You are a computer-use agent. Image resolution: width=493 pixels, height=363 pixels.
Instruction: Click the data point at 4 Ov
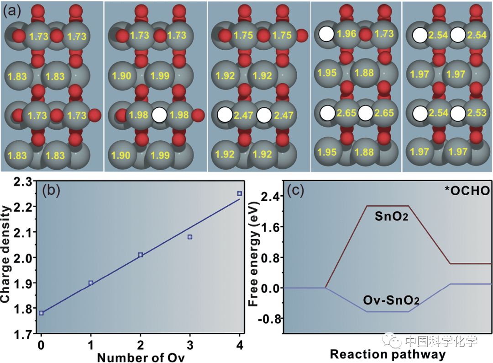pos(239,193)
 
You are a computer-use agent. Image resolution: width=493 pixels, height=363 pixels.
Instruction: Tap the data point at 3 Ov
pos(190,237)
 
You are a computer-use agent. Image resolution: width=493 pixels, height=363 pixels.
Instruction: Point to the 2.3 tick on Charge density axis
pos(24,182)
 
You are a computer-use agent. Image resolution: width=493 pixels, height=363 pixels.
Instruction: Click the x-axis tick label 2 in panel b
pos(141,343)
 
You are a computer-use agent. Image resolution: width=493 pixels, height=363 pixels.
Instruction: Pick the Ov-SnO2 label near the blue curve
pos(391,300)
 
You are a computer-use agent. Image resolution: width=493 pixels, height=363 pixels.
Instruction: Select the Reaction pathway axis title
pos(388,354)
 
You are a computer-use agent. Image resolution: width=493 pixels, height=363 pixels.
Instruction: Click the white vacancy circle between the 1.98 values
pos(159,115)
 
